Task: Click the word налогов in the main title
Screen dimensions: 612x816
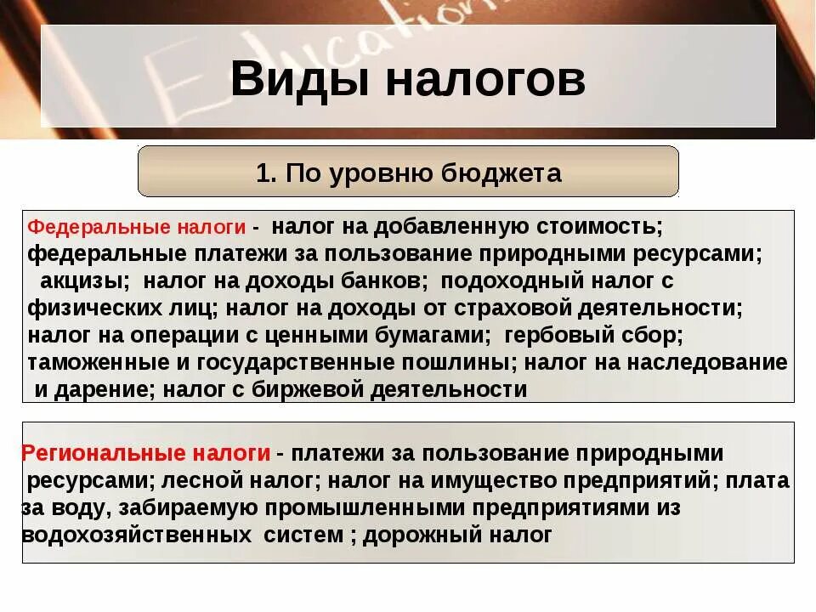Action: (485, 79)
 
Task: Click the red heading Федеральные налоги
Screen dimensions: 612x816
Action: (137, 228)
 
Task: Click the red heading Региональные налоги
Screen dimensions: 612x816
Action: (146, 453)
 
